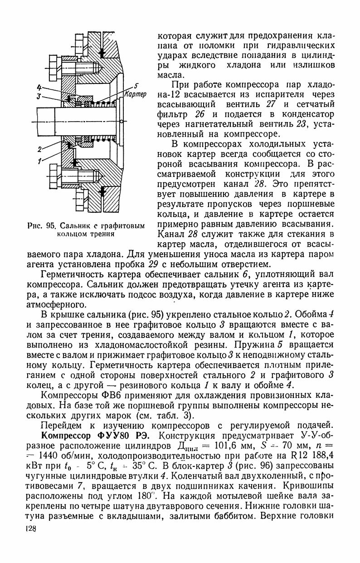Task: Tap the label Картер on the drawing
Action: [135, 95]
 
